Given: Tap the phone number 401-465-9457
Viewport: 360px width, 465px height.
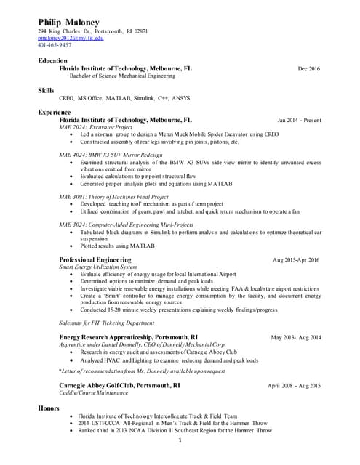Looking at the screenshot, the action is pos(55,45).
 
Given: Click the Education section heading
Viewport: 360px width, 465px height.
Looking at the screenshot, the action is pos(52,61).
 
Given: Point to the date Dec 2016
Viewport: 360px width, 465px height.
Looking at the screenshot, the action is pos(308,68).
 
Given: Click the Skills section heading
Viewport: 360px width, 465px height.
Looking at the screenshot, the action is pos(46,90).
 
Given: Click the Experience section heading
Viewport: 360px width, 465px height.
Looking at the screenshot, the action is pos(55,113).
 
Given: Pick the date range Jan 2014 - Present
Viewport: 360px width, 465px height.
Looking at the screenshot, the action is pos(299,120).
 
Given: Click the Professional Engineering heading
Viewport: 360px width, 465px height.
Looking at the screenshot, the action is pos(95,259).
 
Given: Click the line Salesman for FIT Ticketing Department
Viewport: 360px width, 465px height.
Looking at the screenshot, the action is pos(106,323).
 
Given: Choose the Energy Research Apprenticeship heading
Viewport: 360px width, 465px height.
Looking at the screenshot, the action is pos(128,337).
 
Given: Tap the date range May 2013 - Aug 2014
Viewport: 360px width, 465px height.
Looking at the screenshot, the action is pos(296,338).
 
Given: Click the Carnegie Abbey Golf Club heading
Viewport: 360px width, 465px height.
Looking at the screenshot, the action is pos(119,385).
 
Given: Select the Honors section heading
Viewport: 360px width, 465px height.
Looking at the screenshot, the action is pos(49,408).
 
